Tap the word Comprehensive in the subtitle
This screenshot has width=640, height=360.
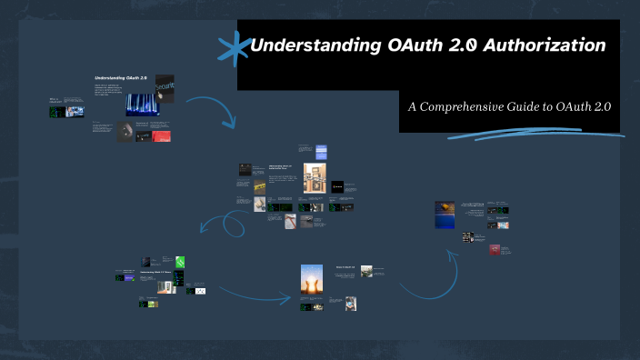click(x=476, y=106)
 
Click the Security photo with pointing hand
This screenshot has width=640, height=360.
click(x=165, y=87)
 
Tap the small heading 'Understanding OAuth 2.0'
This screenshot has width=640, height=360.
click(x=121, y=79)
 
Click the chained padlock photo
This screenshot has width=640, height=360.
click(x=315, y=178)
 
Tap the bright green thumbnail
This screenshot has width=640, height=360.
click(x=180, y=262)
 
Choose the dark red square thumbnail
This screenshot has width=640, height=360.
click(x=495, y=249)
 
